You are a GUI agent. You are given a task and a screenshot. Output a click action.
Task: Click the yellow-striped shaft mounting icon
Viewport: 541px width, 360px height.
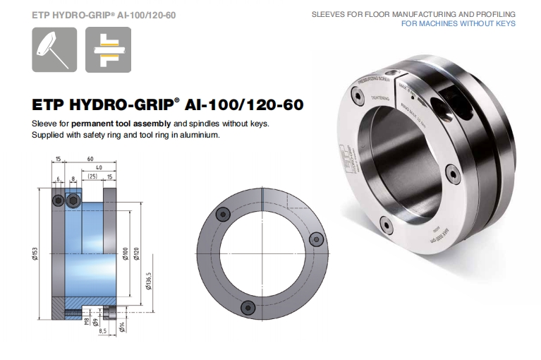108,50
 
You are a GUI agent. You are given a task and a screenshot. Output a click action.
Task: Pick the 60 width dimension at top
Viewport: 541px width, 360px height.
90,160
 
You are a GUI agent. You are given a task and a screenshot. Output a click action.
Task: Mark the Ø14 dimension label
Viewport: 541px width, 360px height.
121,326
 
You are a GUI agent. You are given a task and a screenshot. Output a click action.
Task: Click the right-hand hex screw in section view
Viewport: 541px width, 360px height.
74,202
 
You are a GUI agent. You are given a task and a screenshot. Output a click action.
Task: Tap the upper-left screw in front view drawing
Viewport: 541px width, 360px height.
223,215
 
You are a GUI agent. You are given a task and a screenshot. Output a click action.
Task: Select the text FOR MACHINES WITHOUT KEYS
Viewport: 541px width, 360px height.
458,23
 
